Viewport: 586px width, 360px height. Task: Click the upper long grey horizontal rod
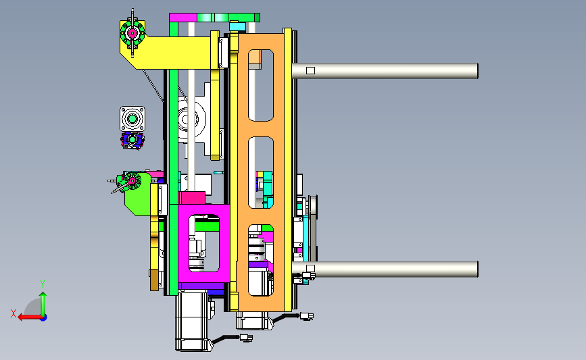pos(385,71)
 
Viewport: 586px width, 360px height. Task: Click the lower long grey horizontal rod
pos(385,269)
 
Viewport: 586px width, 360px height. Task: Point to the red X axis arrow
pos(30,317)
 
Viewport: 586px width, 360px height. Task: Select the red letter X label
pos(14,313)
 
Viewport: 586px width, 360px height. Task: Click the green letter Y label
pos(43,284)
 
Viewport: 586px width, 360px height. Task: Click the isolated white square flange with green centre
pos(132,119)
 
